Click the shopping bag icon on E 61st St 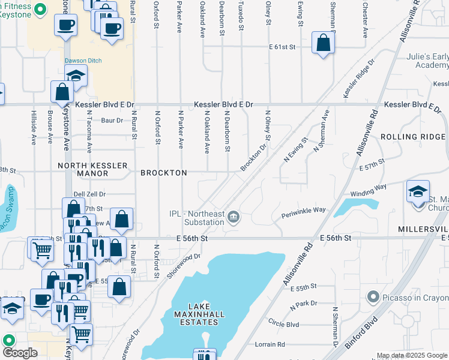click(323, 43)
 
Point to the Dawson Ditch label click(83, 61)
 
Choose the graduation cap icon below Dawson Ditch click(76, 76)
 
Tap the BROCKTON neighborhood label click(163, 173)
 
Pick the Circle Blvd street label click(283, 324)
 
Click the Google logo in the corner click(20, 352)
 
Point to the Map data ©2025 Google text click(411, 355)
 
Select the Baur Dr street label click(112, 121)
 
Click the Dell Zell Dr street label click(89, 194)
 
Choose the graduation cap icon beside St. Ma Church click(418, 192)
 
